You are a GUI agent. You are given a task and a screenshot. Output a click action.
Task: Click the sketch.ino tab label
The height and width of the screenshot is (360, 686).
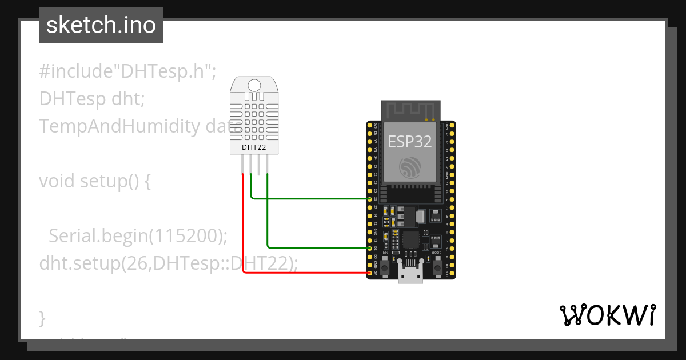coord(101,25)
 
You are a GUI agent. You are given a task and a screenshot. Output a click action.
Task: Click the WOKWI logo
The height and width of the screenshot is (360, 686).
coord(607,315)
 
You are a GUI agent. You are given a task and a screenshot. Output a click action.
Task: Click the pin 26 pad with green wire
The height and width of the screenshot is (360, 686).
coord(370,199)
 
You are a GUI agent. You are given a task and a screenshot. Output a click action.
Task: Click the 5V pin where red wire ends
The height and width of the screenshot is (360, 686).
coord(370,273)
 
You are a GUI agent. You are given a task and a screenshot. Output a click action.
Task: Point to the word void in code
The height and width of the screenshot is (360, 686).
coord(57,181)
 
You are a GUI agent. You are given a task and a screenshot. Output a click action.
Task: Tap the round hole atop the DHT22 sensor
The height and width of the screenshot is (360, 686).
coord(256,85)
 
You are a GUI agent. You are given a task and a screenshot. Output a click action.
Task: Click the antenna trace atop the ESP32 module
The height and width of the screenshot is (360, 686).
coord(411,110)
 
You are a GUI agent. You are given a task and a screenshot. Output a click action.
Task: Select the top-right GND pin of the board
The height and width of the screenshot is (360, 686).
coord(452,125)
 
